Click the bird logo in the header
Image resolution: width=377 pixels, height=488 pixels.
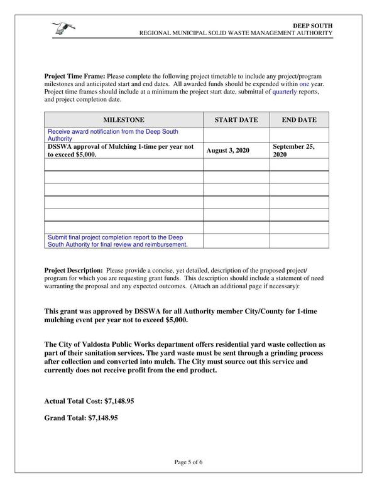pos(63,28)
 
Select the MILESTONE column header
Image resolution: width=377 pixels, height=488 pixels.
pos(123,119)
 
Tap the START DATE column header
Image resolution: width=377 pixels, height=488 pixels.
pos(236,119)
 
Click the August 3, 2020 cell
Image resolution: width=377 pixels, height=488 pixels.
pos(227,151)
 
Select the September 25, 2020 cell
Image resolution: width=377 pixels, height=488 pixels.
pos(293,150)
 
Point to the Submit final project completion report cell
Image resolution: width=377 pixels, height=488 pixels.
pos(117,241)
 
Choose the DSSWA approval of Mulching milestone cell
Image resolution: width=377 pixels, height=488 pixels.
pos(120,150)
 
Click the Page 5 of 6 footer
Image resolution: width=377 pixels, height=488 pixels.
pos(188,462)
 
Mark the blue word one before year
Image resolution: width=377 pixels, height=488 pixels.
pos(304,84)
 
